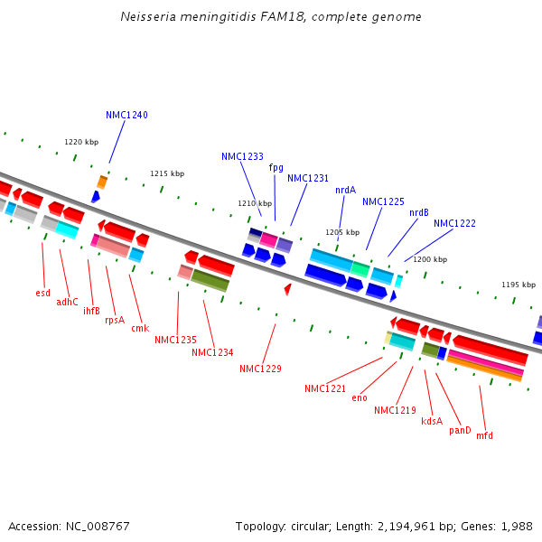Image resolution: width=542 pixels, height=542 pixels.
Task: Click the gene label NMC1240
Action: click(126, 115)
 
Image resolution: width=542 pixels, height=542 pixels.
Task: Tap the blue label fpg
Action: click(276, 167)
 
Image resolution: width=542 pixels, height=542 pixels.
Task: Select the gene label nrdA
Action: click(345, 190)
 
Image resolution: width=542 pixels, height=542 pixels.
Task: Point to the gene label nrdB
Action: click(419, 212)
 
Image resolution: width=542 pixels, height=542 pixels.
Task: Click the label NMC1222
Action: click(454, 223)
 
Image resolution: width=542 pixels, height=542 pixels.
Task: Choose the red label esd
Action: click(43, 293)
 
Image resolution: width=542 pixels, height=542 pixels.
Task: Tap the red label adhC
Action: click(67, 302)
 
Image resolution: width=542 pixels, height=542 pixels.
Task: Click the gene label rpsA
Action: click(115, 320)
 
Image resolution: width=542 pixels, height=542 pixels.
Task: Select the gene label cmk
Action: click(140, 328)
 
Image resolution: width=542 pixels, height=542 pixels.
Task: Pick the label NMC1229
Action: click(260, 369)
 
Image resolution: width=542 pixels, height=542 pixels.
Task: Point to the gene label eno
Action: click(360, 397)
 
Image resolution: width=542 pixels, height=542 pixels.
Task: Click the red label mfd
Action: click(485, 435)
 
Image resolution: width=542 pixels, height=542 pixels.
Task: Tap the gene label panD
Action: click(460, 430)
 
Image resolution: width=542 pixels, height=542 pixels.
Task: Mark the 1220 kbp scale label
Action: click(80, 142)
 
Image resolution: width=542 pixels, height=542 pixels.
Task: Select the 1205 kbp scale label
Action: click(342, 232)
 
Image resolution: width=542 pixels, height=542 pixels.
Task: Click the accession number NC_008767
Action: click(96, 526)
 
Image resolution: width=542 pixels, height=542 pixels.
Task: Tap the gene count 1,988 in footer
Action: click(516, 526)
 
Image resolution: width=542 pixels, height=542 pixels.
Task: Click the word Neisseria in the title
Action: click(149, 17)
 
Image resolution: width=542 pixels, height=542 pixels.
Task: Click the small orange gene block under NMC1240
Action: click(102, 182)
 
